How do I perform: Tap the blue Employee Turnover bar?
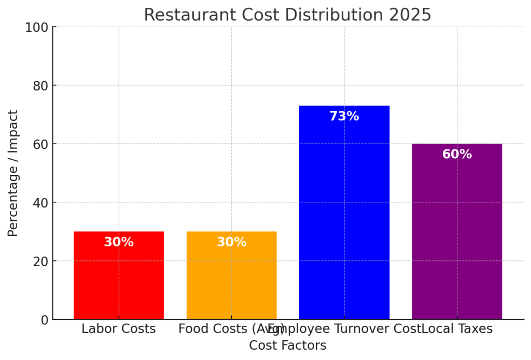[344, 218]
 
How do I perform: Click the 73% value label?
[344, 116]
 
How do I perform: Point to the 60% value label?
[457, 155]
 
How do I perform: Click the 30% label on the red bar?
[119, 242]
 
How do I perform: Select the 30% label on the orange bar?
[231, 242]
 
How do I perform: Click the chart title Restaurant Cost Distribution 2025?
[287, 15]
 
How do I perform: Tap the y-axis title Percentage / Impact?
[13, 173]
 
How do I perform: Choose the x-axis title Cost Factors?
[287, 345]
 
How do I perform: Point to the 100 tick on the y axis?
[36, 27]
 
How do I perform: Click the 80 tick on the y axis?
[39, 86]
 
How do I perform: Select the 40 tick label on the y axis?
[39, 202]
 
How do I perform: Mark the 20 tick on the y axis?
[39, 261]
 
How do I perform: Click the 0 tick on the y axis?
[43, 320]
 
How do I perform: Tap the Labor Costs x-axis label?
[119, 328]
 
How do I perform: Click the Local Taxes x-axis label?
[458, 328]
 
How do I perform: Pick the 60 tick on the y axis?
[39, 144]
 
